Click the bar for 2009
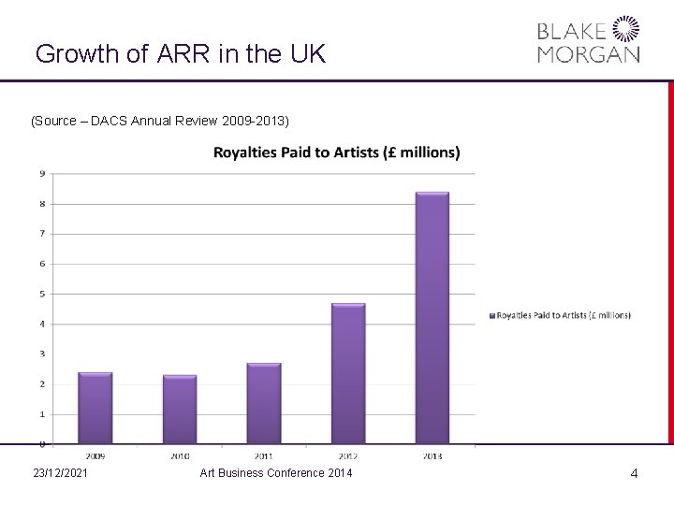click(x=95, y=408)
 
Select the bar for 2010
click(x=180, y=409)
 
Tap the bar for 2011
click(x=264, y=403)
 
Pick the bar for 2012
click(x=348, y=373)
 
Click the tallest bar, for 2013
click(x=432, y=318)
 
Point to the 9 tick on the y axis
click(x=42, y=173)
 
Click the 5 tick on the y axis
click(x=42, y=294)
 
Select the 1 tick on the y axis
click(x=42, y=413)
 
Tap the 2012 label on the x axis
click(x=348, y=455)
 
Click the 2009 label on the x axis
click(x=95, y=455)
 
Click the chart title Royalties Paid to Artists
click(x=337, y=151)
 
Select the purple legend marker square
click(x=491, y=315)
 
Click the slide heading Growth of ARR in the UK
click(x=180, y=53)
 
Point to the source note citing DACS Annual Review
click(x=160, y=122)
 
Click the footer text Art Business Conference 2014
click(x=276, y=474)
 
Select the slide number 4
click(x=634, y=474)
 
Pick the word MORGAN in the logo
click(x=589, y=54)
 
